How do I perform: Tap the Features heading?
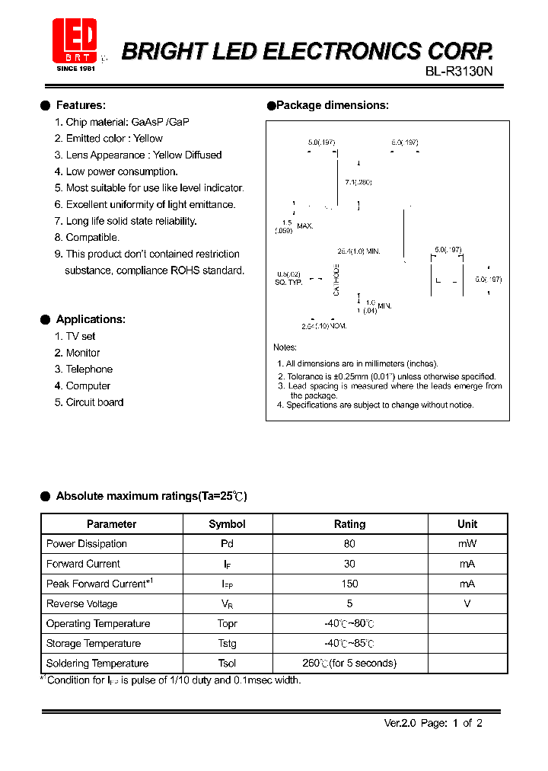(x=81, y=105)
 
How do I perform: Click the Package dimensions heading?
(x=332, y=105)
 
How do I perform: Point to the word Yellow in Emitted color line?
(x=148, y=138)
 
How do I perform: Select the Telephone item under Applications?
(x=89, y=369)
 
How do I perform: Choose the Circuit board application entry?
(x=94, y=402)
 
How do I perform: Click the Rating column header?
(x=349, y=524)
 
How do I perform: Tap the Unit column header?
(x=467, y=524)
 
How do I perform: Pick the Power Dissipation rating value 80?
(x=349, y=544)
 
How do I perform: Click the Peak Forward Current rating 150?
(x=349, y=584)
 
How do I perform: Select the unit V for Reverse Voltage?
(x=467, y=603)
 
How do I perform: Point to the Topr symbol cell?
(x=227, y=623)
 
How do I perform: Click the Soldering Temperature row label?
(x=97, y=663)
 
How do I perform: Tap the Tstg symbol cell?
(x=227, y=643)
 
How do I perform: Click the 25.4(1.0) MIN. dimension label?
(x=358, y=251)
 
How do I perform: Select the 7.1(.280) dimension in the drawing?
(x=358, y=182)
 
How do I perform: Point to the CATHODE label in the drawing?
(x=336, y=280)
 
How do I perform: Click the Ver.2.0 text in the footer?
(x=399, y=723)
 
